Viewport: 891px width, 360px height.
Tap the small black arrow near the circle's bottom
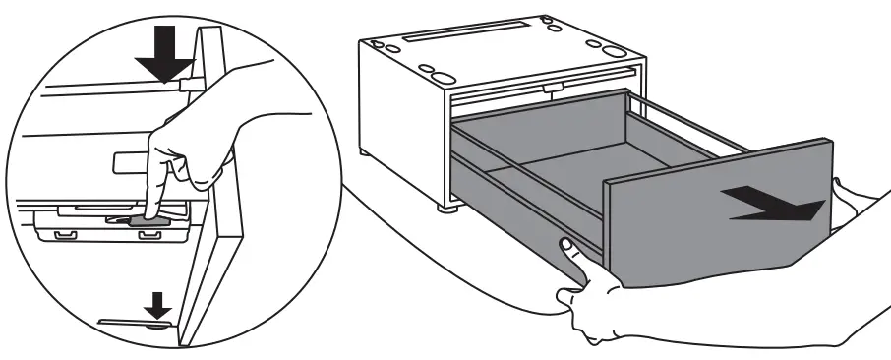point(156,308)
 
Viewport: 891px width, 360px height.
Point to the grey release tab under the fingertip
point(146,223)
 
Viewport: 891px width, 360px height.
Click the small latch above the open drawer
point(556,89)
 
